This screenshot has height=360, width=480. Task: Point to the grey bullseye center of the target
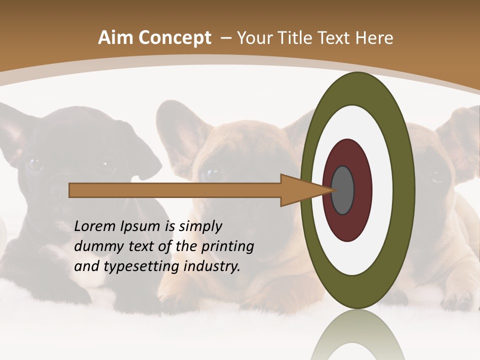coord(342,190)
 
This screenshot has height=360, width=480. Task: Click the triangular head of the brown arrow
coord(300,190)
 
